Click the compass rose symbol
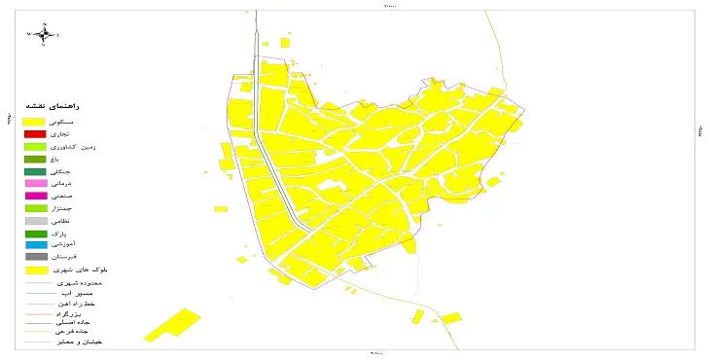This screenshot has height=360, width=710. [45, 33]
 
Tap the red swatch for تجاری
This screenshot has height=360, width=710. [36, 133]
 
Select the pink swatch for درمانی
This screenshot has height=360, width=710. [36, 183]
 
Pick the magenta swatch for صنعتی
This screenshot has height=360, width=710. [36, 196]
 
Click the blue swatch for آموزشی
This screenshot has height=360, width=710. [36, 245]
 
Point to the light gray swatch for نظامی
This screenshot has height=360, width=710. [36, 221]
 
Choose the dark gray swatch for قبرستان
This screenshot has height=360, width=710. [36, 257]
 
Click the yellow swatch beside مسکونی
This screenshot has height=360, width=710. [36, 120]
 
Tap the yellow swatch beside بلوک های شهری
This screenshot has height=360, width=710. [36, 270]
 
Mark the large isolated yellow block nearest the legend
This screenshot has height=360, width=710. [172, 325]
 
